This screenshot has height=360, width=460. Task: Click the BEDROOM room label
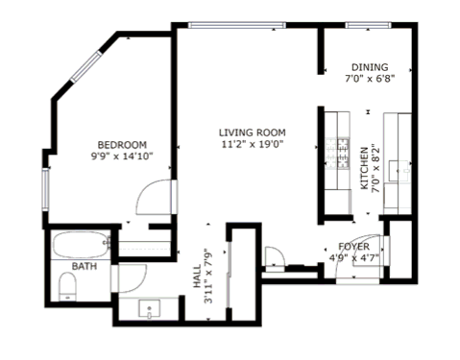(x=122, y=145)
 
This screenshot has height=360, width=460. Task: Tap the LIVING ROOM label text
(x=253, y=132)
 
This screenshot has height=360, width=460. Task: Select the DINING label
(x=370, y=67)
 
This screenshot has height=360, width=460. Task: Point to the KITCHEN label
(x=365, y=168)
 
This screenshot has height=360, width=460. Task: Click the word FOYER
(x=353, y=247)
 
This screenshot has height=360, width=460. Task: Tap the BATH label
(x=85, y=266)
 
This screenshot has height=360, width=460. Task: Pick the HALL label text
(x=197, y=276)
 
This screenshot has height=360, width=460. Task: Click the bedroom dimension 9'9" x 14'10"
(x=122, y=156)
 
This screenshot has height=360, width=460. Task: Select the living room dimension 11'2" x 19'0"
(x=253, y=144)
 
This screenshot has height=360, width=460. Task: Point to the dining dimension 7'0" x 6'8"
(x=370, y=79)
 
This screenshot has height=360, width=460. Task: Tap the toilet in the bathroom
(x=67, y=287)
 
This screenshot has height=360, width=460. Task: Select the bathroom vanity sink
(x=149, y=308)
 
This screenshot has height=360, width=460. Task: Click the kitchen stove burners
(x=337, y=154)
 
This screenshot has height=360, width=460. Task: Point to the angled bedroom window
(x=86, y=67)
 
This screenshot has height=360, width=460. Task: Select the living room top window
(x=236, y=25)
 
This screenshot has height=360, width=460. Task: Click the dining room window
(x=368, y=25)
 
